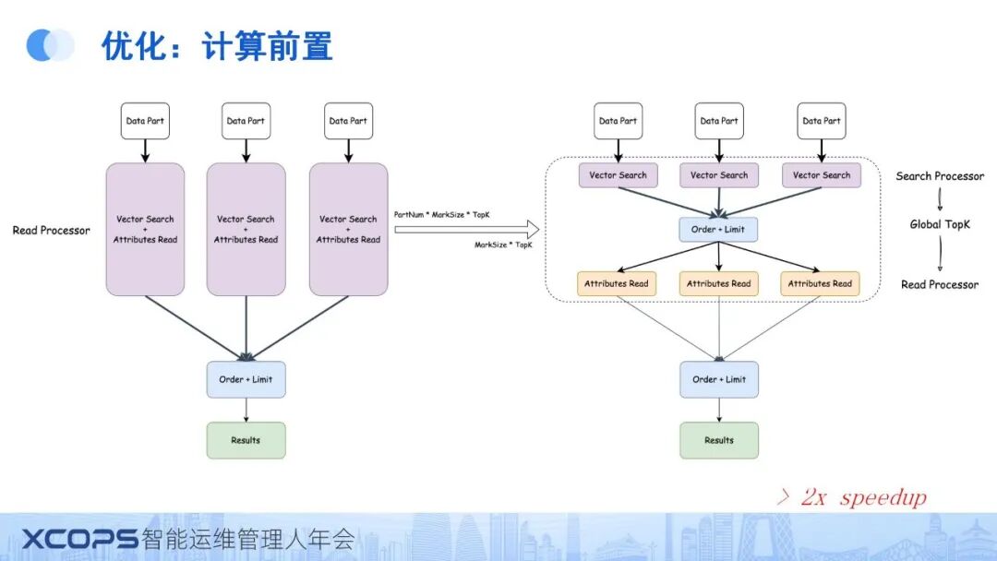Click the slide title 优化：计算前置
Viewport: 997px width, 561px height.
217,45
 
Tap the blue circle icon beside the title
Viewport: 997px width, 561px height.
50,45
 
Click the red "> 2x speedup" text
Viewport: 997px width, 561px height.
850,497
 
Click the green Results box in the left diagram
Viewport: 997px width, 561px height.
246,440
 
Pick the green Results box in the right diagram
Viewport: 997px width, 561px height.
719,440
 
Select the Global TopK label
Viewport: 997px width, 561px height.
940,224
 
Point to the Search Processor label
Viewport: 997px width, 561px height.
940,176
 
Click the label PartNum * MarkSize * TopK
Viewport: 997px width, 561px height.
442,214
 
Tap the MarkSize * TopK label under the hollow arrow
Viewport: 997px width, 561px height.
503,245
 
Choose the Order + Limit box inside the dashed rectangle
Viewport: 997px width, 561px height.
719,229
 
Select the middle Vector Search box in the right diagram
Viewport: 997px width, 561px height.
719,175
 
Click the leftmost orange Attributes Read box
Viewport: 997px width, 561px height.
617,283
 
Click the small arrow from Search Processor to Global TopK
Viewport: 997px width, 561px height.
940,200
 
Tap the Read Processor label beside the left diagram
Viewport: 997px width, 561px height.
52,230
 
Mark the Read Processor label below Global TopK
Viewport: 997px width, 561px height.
940,284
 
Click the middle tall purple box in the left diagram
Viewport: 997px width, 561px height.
246,230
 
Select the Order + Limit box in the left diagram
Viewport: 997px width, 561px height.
246,379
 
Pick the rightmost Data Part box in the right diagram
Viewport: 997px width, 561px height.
821,121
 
